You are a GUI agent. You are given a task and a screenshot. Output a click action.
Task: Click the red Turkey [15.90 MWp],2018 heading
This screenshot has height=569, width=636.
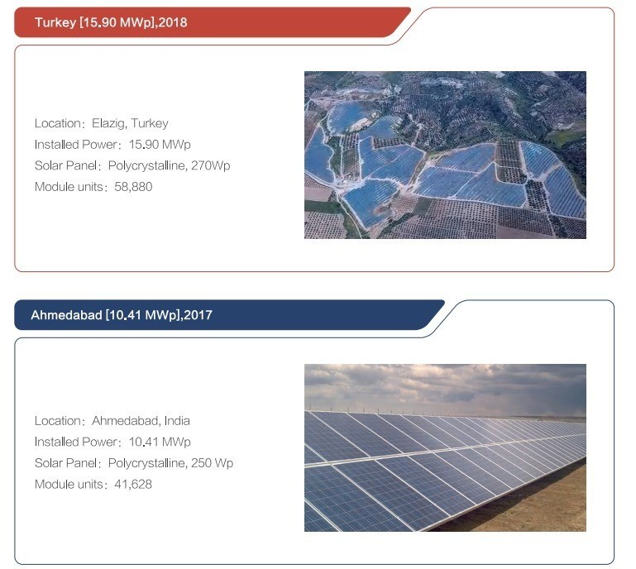(111, 22)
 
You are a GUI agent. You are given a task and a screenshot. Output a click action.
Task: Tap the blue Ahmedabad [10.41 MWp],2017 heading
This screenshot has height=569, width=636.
(122, 315)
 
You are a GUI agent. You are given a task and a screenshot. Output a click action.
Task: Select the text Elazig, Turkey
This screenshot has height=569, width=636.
(130, 123)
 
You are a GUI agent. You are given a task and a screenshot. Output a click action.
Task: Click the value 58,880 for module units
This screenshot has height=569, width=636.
(133, 187)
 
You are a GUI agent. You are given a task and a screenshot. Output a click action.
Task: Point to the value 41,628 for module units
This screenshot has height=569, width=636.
(133, 485)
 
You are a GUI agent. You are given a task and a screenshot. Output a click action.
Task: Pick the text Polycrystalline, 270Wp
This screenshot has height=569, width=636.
(170, 166)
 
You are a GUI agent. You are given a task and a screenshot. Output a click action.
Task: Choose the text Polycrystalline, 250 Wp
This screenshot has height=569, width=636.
(170, 463)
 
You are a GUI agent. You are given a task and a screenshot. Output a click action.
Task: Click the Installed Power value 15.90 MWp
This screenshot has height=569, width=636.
(160, 145)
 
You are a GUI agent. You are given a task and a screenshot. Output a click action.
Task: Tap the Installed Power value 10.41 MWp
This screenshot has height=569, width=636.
(160, 442)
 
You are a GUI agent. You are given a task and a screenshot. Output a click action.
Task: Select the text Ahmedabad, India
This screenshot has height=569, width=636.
(141, 421)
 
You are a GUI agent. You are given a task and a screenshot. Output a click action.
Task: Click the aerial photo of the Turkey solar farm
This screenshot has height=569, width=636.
(445, 155)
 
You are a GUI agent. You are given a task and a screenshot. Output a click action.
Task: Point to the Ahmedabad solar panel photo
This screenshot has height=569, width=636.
(445, 447)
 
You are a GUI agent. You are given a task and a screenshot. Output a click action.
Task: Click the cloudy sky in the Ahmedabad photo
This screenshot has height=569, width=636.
(445, 387)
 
